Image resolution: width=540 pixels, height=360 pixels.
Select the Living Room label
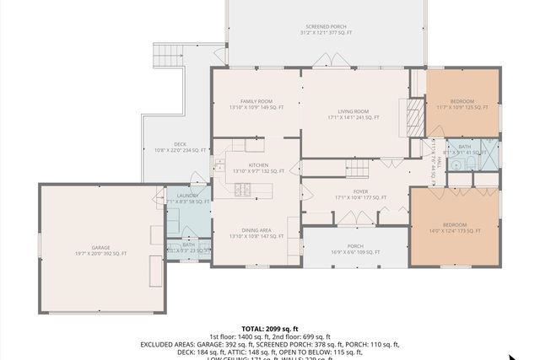tap(354, 115)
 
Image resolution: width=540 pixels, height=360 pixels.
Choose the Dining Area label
tap(256, 234)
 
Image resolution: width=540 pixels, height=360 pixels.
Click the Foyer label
tap(360, 195)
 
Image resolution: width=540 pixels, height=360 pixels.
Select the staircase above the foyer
tap(357, 169)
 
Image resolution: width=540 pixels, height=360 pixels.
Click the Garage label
tap(100, 250)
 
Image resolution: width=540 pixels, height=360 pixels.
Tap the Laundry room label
tap(187, 199)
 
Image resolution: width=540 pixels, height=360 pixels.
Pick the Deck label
tap(180, 147)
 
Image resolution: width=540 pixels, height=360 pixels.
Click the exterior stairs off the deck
tap(164, 57)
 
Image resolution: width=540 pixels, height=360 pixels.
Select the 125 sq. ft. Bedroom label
tap(462, 105)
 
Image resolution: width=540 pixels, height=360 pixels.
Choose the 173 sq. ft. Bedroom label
tap(455, 228)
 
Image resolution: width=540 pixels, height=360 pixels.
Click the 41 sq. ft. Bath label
tap(464, 149)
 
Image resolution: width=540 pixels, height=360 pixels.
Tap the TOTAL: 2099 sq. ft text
tap(270, 328)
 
